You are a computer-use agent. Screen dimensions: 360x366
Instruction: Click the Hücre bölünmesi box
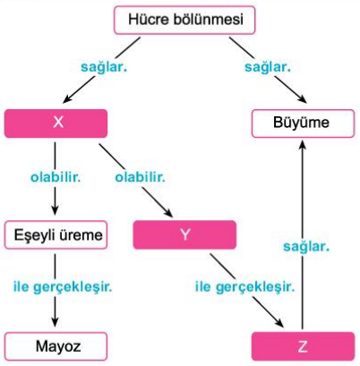[x=184, y=20]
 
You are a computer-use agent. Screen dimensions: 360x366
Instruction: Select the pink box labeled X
[x=56, y=123]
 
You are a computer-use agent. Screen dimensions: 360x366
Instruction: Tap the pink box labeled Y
[x=184, y=234]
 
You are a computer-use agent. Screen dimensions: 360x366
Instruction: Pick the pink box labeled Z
[x=303, y=346]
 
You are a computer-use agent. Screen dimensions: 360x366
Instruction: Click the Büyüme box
[x=303, y=123]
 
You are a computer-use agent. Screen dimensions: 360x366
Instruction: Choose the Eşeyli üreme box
[x=56, y=234]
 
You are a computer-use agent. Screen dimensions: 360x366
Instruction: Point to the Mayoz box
[x=56, y=346]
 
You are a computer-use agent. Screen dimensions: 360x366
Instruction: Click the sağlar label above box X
[x=104, y=67]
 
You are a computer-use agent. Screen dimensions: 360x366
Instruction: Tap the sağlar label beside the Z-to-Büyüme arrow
[x=306, y=247]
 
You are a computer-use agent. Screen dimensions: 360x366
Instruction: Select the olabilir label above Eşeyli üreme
[x=56, y=177]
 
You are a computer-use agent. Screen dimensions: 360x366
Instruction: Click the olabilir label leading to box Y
[x=141, y=177]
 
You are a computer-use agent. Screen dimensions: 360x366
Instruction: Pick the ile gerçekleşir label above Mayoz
[x=63, y=287]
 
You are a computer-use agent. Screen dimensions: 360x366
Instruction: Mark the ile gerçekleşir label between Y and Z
[x=244, y=287]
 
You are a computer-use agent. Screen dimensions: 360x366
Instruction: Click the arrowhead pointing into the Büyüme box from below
[x=303, y=145]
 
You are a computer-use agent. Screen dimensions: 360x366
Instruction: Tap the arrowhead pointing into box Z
[x=279, y=322]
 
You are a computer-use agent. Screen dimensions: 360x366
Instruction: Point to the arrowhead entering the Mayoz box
[x=55, y=322]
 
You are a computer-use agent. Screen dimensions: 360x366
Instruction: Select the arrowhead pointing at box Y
[x=168, y=213]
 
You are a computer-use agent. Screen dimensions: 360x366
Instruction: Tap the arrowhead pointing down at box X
[x=67, y=99]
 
